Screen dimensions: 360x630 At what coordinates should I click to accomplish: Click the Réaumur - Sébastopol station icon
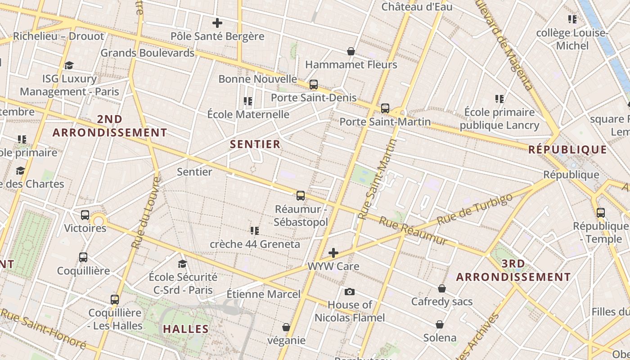coord(301,196)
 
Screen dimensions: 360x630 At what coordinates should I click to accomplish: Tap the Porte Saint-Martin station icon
coord(385,108)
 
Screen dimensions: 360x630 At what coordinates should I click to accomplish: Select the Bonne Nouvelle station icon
coord(314,85)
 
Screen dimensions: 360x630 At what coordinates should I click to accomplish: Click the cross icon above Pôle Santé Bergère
coord(217,23)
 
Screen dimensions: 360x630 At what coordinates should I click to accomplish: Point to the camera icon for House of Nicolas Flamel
coord(350,292)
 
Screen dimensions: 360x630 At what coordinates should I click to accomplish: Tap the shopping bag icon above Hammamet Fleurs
coord(351,52)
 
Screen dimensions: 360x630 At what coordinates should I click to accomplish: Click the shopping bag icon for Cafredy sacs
coord(442,288)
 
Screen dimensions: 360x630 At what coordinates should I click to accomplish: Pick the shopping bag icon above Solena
coord(440,324)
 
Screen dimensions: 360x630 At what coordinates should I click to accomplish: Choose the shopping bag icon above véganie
coord(286,327)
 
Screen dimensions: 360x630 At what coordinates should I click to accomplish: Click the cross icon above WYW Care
coord(333,253)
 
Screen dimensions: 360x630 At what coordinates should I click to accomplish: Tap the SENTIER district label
coord(255,144)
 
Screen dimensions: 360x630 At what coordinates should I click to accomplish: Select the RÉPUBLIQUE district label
coord(567,149)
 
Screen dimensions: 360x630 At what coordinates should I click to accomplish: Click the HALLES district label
coord(186,329)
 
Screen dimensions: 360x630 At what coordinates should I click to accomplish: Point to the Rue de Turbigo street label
coord(475,209)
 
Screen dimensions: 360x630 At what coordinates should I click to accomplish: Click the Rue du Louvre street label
coord(147,212)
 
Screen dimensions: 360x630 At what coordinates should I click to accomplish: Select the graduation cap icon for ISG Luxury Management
coord(69,66)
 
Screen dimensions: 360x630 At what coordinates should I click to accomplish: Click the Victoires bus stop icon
coord(85,215)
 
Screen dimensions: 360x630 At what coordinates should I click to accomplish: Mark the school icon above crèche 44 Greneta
coord(255,231)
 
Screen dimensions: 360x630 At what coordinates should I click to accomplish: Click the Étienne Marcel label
coord(263,294)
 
